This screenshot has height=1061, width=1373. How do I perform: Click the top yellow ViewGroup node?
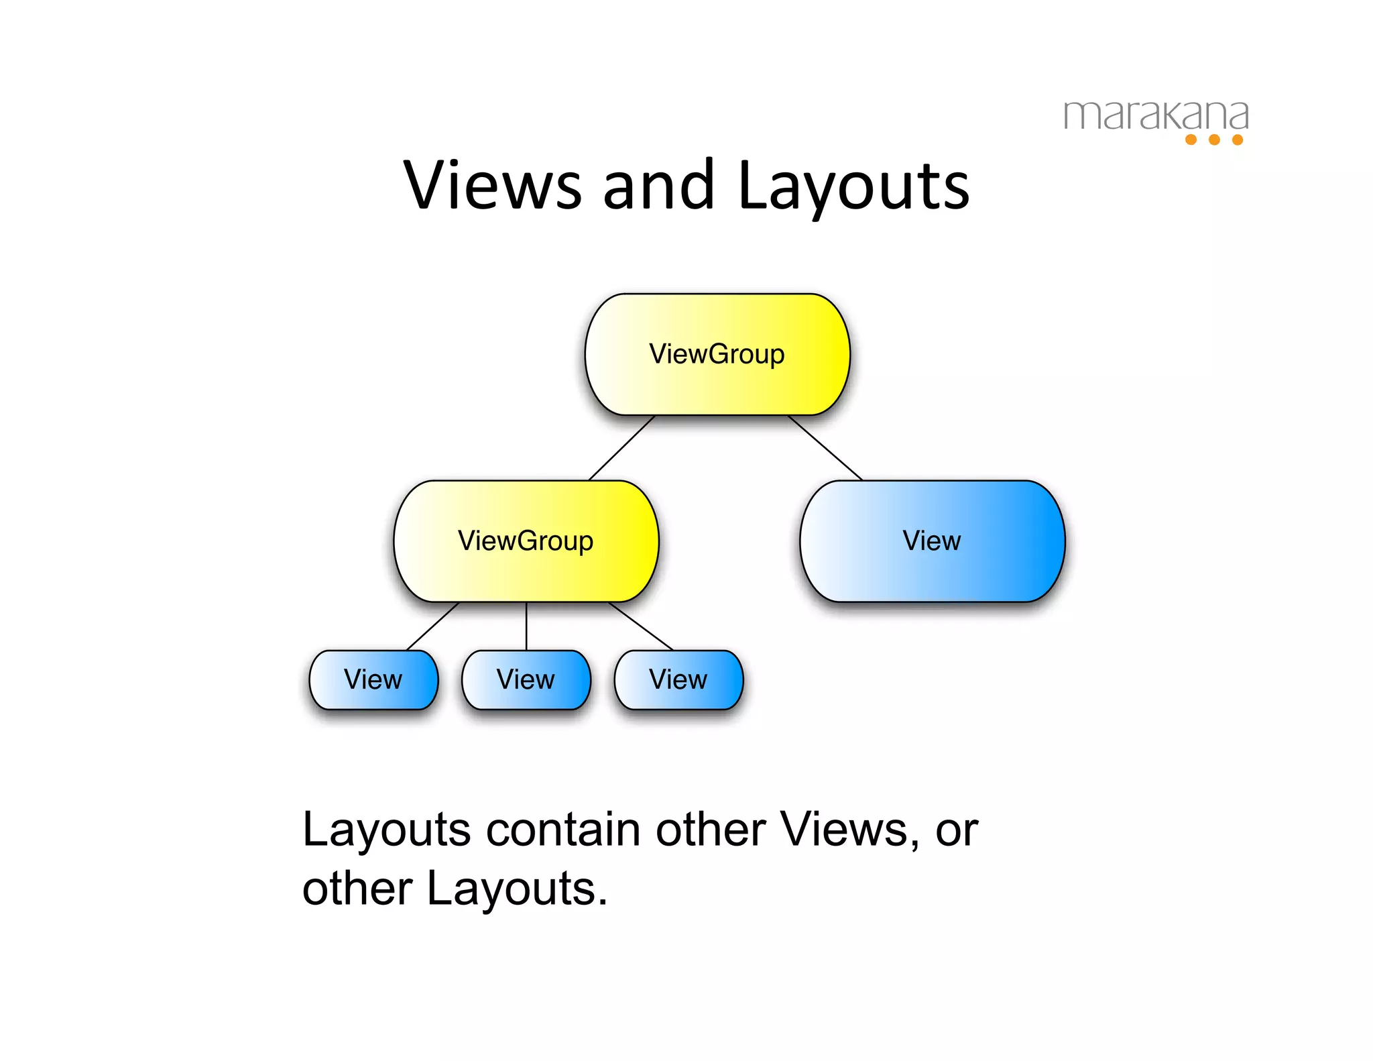click(717, 354)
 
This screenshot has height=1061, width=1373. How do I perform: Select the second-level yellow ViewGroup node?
click(526, 541)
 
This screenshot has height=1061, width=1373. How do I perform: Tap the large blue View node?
click(932, 541)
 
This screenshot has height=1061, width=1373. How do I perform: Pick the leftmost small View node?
click(373, 679)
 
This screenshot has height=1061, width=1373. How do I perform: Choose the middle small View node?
click(526, 679)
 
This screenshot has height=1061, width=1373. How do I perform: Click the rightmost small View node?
click(678, 679)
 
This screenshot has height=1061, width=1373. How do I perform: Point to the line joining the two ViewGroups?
click(621, 448)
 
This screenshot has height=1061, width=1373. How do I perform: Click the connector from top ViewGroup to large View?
click(825, 448)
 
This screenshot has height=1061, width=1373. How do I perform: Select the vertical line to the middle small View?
click(526, 626)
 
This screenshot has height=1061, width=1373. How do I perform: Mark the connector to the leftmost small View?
click(433, 626)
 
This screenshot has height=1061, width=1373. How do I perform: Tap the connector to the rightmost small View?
click(640, 626)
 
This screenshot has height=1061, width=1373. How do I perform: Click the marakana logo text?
click(1156, 115)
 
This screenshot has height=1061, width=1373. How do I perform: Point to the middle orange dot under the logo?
click(1214, 139)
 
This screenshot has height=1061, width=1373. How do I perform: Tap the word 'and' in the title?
click(659, 185)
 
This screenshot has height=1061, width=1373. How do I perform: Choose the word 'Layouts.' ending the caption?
click(517, 889)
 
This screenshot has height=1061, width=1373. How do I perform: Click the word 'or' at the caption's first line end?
click(957, 831)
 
